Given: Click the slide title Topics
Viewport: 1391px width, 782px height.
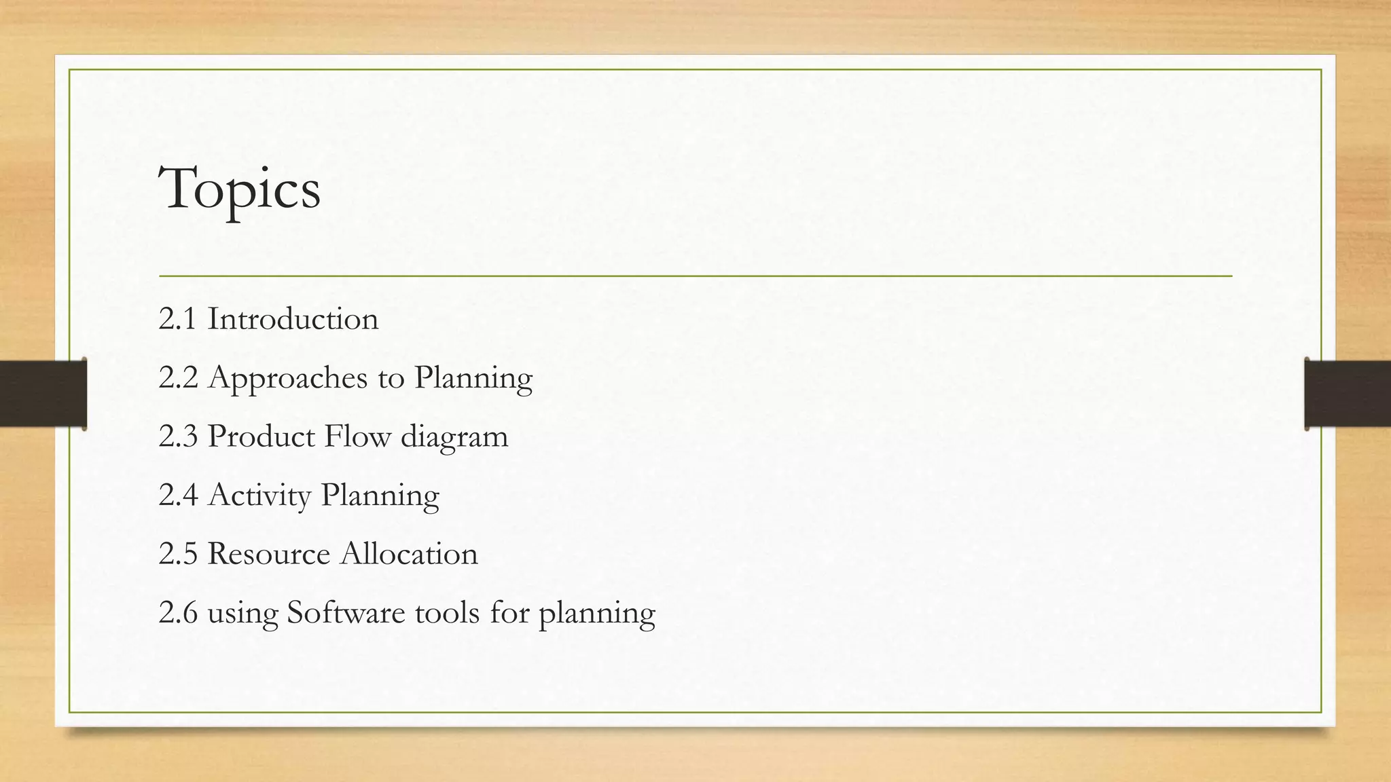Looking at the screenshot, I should [239, 190].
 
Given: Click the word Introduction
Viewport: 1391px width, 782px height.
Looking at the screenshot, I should [293, 319].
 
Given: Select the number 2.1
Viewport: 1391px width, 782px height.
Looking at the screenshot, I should [177, 319].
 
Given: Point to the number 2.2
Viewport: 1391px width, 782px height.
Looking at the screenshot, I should [178, 378].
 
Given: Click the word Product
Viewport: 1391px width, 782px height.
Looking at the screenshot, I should [261, 436].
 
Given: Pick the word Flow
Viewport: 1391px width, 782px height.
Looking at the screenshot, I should [357, 436].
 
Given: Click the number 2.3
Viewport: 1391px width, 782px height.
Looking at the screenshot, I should [178, 436].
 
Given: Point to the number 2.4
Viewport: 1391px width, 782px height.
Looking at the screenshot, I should [178, 496].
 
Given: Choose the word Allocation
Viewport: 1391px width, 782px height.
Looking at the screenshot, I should [409, 554].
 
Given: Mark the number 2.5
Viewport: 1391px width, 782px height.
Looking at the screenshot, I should [178, 554].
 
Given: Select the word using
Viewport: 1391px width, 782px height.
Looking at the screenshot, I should [242, 614].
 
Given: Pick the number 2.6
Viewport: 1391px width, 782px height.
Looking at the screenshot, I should [178, 613].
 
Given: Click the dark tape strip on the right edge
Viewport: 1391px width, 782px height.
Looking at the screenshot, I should [1348, 394].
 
